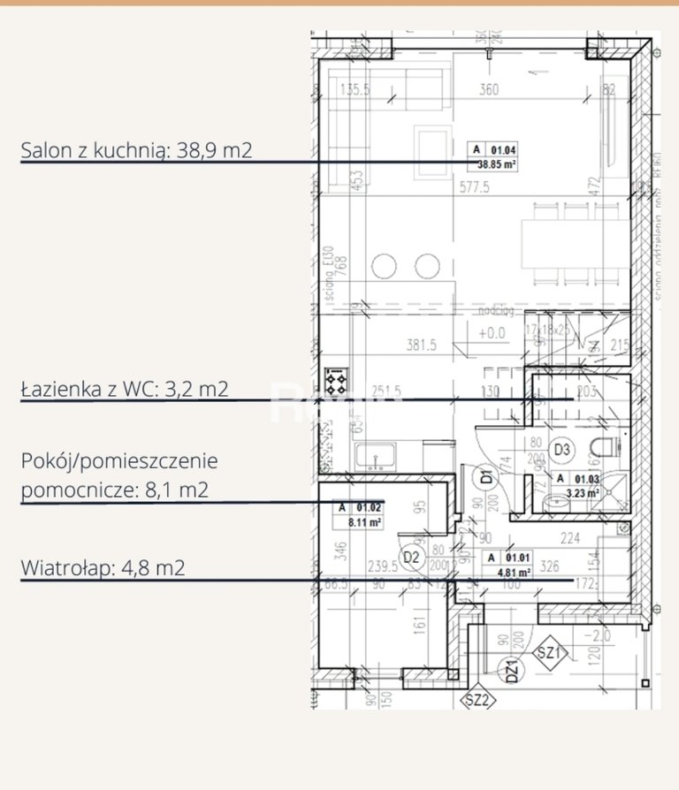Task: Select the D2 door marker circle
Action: point(410,558)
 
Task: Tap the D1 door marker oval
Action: point(486,477)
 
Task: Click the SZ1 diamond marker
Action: point(550,654)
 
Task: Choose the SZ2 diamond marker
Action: point(477,701)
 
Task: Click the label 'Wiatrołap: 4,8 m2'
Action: point(103,568)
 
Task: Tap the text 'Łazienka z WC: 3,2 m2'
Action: point(124,389)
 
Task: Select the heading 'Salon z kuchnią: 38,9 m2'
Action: point(137,150)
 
